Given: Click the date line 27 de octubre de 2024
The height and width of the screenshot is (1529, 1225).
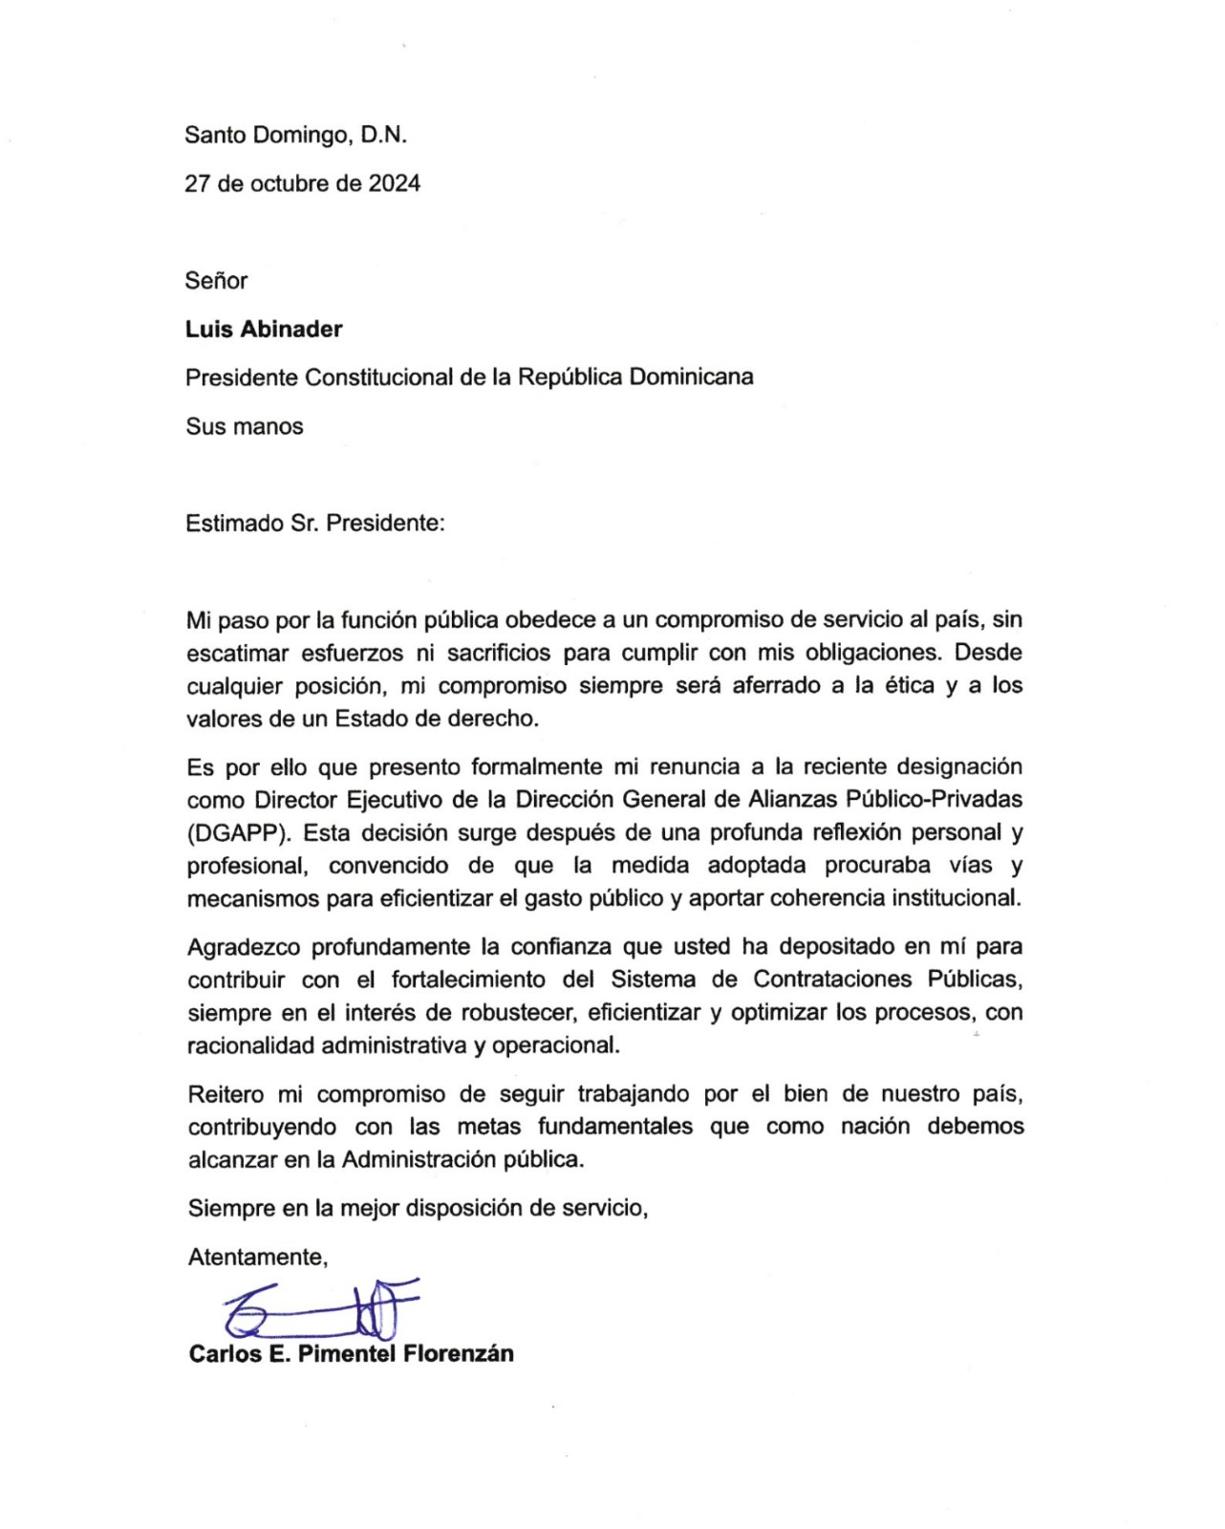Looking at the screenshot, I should (x=303, y=183).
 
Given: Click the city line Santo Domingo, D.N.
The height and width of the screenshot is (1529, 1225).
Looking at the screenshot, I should (x=296, y=135).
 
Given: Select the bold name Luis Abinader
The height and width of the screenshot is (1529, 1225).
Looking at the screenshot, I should (x=264, y=329).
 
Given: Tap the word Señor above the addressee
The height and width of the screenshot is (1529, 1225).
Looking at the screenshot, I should (x=216, y=280).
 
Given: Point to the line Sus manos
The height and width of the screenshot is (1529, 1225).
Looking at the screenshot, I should (x=245, y=426).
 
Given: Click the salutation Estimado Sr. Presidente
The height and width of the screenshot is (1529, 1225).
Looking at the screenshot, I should (x=315, y=524).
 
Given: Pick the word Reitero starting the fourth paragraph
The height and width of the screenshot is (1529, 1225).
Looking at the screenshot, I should (x=226, y=1093).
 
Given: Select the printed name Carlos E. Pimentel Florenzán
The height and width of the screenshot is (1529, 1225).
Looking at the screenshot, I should (x=351, y=1353).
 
